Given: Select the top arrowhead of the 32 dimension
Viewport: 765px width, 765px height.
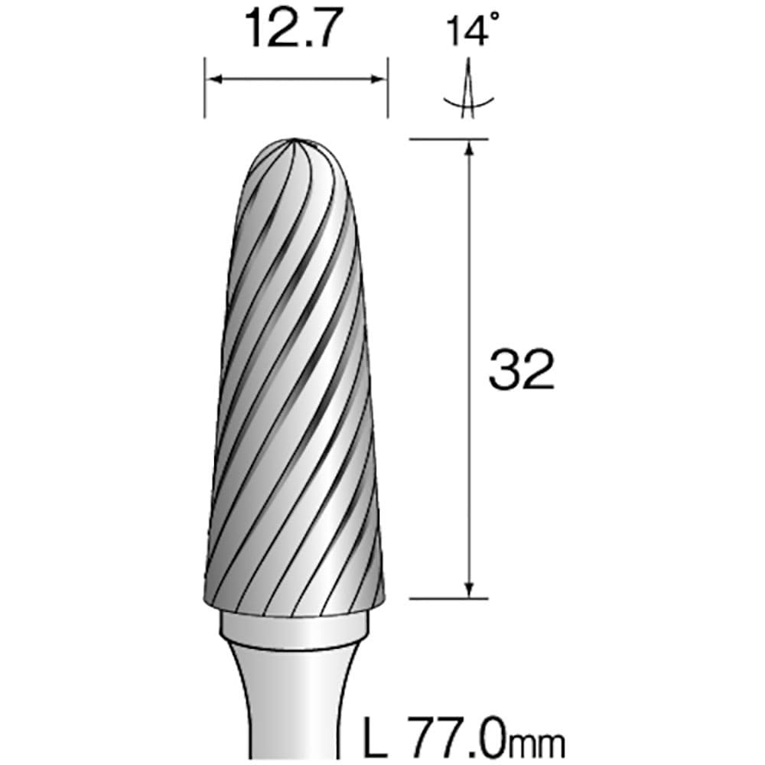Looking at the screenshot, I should pos(468,147).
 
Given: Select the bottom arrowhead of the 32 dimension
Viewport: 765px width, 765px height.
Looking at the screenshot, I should pos(468,590).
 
